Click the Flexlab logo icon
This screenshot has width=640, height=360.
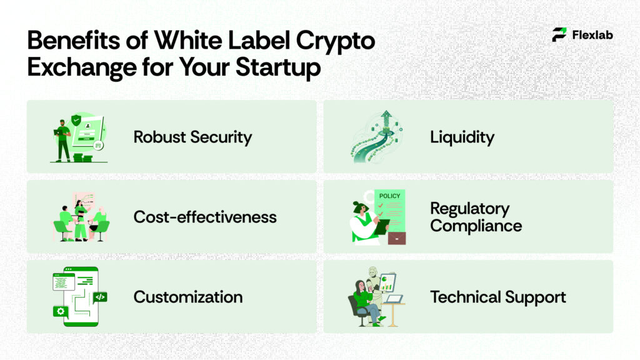point(559,34)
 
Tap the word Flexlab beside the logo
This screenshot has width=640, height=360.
point(592,35)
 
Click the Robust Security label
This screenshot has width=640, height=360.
point(192,137)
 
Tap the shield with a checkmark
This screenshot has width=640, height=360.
point(77,121)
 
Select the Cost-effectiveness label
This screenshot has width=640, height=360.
point(205,217)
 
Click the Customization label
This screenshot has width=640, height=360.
point(188,297)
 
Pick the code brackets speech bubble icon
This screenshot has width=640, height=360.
point(100,297)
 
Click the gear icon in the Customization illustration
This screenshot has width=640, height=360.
point(61,311)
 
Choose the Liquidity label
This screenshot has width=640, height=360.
point(462,137)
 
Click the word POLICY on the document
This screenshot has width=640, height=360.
point(389,196)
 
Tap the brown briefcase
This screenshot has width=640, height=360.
point(396,237)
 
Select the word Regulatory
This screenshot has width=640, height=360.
point(469,209)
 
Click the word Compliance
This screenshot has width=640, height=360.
point(476,226)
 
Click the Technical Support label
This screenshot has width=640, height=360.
point(497,297)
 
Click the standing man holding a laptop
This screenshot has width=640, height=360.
point(62,139)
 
